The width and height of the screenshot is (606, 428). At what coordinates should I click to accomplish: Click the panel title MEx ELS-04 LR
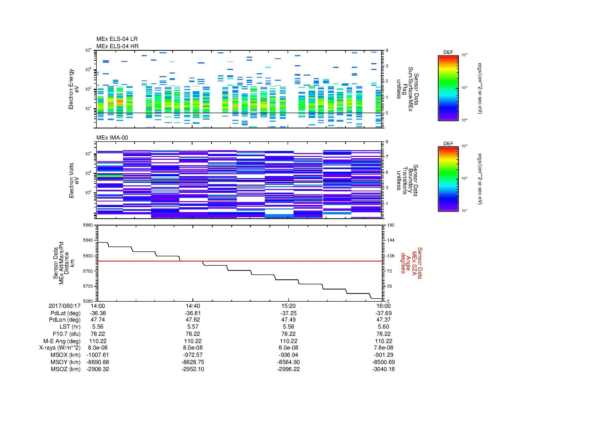click(117, 39)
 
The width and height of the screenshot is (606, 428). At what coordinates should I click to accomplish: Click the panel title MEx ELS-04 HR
click(117, 46)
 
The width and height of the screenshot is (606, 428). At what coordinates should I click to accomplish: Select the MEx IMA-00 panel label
click(112, 138)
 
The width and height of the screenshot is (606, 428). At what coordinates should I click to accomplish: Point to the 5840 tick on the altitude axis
click(88, 240)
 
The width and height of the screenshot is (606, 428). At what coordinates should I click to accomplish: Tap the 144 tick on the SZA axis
click(390, 240)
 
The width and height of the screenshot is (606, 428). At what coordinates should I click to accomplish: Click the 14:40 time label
click(193, 306)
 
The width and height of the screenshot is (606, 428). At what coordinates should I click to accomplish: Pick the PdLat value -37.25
click(288, 313)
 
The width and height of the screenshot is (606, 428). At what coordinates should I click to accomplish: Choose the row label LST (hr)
click(70, 327)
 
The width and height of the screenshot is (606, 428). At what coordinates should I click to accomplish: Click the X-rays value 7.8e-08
click(383, 348)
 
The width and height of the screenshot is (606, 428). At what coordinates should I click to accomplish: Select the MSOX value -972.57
click(193, 355)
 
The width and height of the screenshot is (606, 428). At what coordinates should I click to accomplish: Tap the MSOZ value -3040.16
click(383, 369)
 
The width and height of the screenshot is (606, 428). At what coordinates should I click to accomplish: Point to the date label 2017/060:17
click(65, 306)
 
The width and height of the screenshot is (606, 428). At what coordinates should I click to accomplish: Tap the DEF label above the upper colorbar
click(448, 52)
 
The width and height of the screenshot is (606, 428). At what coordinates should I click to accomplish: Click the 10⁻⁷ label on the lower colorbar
click(464, 211)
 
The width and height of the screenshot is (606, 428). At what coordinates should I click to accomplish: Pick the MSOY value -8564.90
click(288, 362)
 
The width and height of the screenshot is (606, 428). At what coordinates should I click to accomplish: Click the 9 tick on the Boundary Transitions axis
click(387, 142)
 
